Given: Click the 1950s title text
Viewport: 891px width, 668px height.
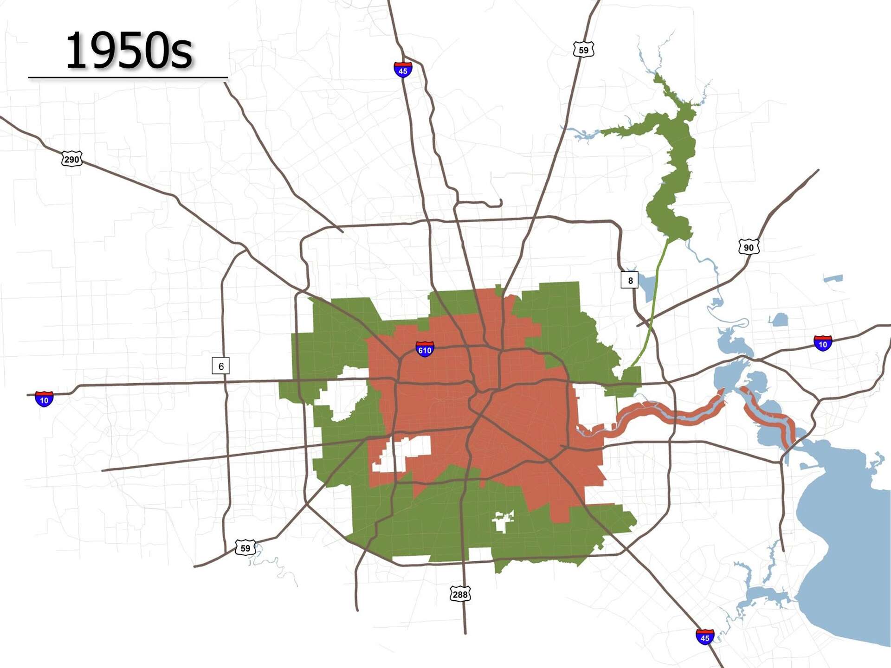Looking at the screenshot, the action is (129, 51).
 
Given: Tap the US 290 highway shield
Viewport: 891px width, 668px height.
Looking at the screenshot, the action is (71, 159).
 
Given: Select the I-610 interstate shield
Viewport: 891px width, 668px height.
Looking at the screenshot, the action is (425, 349).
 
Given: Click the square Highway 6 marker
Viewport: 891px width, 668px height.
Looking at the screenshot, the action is (221, 366).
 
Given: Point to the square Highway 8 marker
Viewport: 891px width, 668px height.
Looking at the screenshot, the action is (630, 280).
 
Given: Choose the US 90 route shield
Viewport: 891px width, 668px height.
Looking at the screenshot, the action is (749, 247).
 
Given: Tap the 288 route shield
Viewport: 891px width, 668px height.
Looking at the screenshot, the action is (460, 594).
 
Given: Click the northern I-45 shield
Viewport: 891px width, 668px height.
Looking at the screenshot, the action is (403, 70).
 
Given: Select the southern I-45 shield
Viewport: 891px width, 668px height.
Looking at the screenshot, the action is (704, 637).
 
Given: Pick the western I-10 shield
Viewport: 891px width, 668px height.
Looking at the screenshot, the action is (44, 399).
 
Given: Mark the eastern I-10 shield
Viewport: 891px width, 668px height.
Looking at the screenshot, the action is (822, 344).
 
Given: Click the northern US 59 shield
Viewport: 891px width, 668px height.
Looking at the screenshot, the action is (583, 50).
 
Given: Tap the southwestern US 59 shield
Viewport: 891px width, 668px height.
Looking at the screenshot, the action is (245, 548).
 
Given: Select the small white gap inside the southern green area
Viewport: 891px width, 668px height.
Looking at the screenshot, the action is (502, 522).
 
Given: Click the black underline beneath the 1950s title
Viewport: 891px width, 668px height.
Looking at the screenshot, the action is (128, 77).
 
